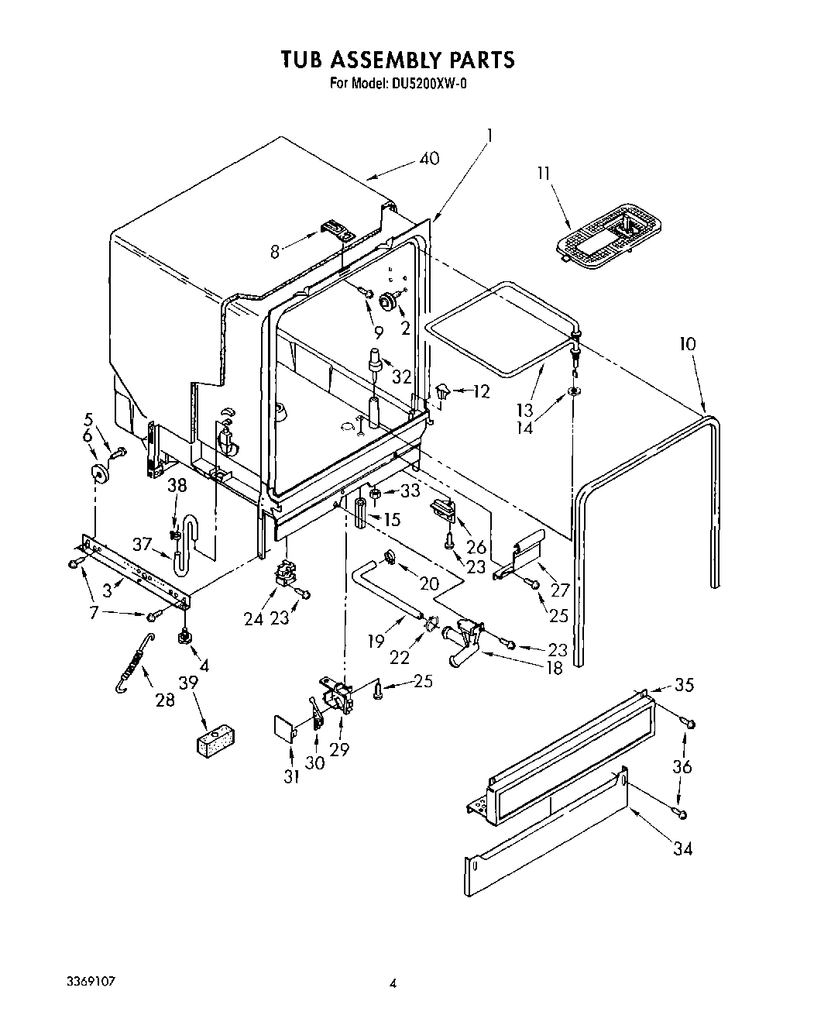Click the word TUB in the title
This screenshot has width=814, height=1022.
point(301,60)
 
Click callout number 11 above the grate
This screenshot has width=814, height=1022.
point(544,173)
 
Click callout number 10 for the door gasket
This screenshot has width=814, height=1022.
point(688,344)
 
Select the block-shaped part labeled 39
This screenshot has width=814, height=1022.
point(215,739)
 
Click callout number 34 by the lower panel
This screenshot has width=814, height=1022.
point(682,848)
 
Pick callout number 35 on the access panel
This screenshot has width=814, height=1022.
point(684,685)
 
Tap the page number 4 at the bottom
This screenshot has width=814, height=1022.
point(393,984)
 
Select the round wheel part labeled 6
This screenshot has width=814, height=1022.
point(98,473)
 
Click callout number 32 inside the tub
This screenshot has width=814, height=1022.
point(401,377)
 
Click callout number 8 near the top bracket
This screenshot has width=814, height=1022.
point(274,250)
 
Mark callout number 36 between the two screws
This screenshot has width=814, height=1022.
point(682,767)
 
